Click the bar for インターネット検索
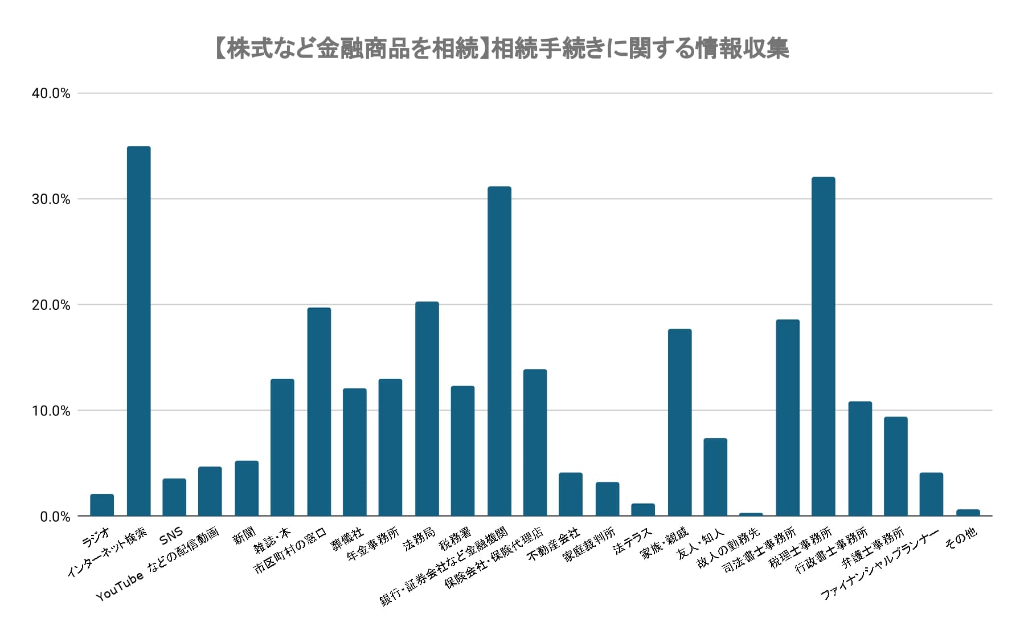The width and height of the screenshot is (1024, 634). [138, 331]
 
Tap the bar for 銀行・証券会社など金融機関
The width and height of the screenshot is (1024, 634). [499, 351]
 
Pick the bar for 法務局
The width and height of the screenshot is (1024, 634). [427, 408]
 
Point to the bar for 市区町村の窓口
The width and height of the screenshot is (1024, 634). [319, 411]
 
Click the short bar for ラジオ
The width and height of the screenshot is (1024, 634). [102, 505]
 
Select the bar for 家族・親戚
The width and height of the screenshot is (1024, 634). [679, 422]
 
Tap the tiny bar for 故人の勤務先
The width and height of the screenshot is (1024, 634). [751, 514]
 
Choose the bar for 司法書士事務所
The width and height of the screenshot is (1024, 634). [788, 418]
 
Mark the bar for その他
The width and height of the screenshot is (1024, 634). [968, 513]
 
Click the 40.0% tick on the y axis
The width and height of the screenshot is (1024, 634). [51, 93]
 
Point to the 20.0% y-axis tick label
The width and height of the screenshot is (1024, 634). [51, 305]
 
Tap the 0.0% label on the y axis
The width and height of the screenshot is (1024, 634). [55, 517]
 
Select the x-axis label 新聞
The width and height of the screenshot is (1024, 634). [245, 535]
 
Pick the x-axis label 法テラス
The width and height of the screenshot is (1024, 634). [632, 541]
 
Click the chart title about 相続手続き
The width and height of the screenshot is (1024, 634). [501, 49]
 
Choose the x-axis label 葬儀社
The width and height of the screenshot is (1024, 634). [347, 539]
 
